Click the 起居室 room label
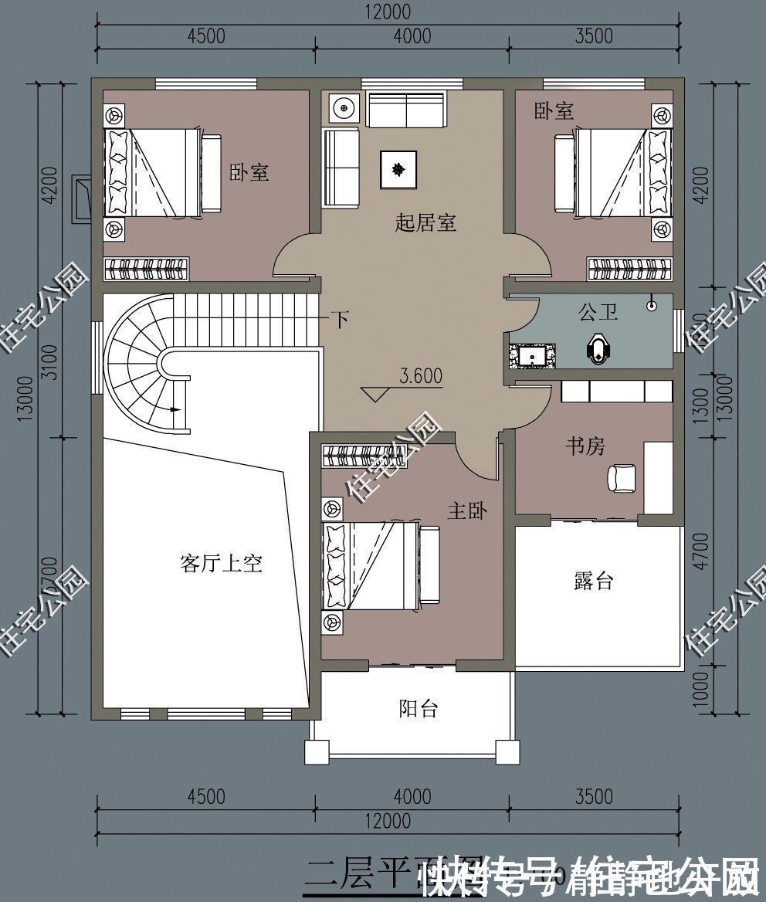click(425, 224)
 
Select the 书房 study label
click(585, 446)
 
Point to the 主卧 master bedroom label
click(467, 510)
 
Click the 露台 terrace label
click(593, 582)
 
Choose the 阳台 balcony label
click(419, 708)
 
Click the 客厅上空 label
click(221, 564)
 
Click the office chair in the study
click(622, 477)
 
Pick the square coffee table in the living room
click(398, 169)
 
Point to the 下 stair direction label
click(339, 319)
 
